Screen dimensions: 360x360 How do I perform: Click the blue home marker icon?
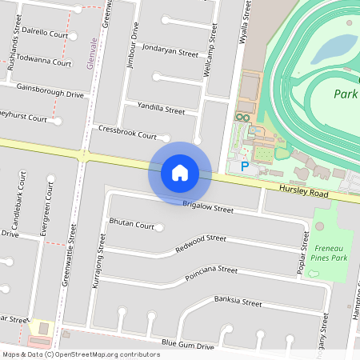(180, 172)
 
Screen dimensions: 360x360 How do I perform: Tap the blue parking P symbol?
(244, 166)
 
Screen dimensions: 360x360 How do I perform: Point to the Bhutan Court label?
(131, 226)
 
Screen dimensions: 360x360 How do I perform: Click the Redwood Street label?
(200, 244)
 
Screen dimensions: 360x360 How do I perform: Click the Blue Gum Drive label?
(188, 346)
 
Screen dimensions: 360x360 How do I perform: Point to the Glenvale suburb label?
(91, 52)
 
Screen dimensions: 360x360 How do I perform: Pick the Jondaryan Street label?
(169, 50)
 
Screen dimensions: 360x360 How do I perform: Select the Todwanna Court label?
(44, 62)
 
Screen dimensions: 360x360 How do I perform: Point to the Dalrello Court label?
(45, 34)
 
